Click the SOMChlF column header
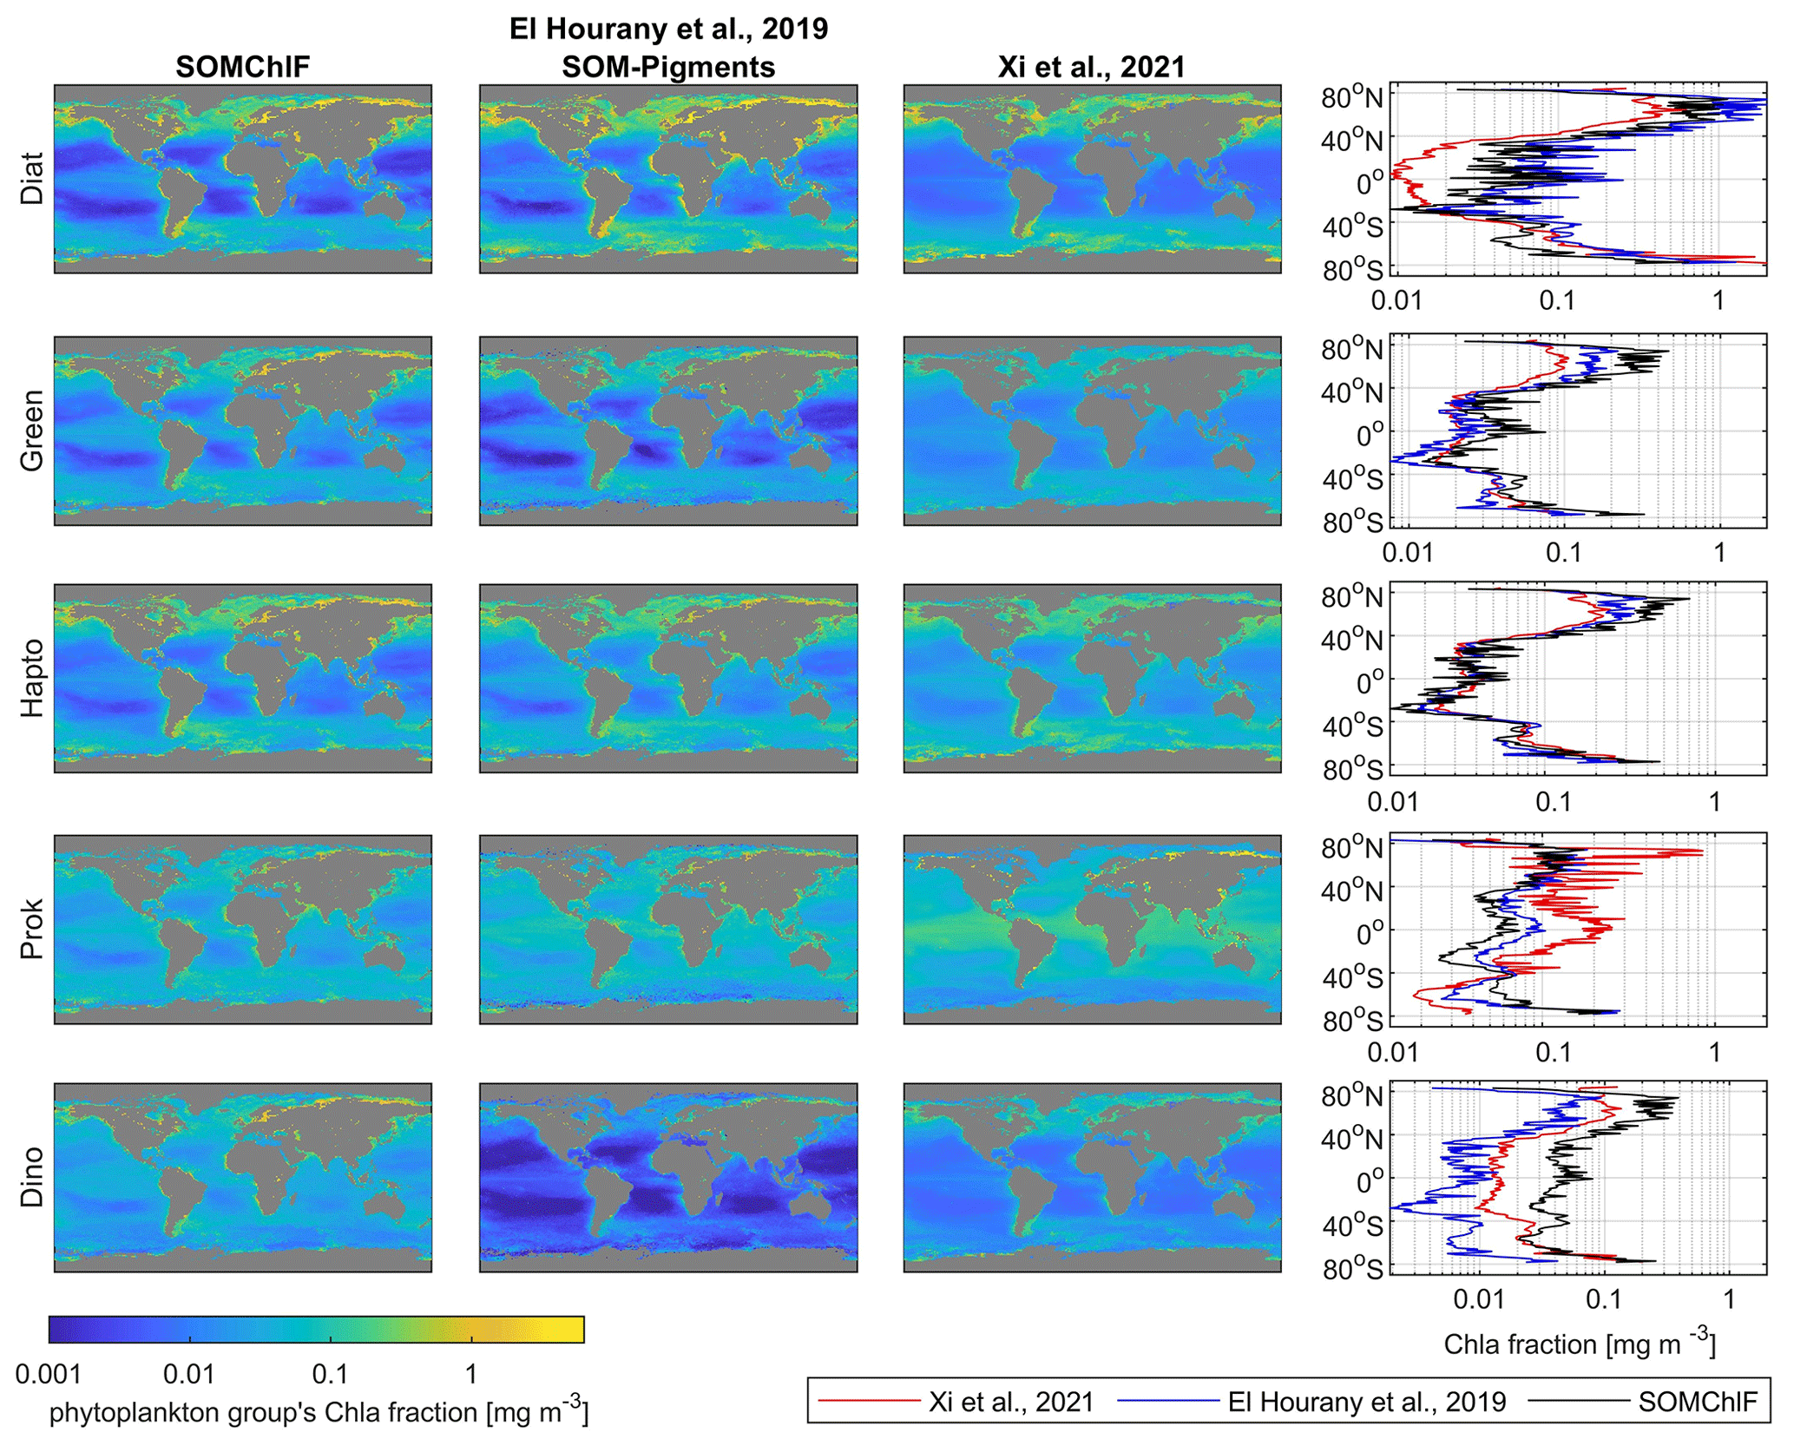(242, 67)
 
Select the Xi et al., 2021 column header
(1091, 67)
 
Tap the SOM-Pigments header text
(667, 67)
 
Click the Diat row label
(32, 179)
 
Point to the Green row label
(32, 431)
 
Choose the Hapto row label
(32, 678)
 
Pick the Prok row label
(32, 930)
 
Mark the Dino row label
(32, 1177)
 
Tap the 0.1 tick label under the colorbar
(330, 1374)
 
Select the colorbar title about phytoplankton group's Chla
(319, 1412)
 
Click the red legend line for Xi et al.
(868, 1401)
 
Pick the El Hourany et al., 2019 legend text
(1367, 1402)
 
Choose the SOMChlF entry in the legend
(1697, 1402)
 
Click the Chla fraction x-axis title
(1580, 1344)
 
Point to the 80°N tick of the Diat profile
(1351, 97)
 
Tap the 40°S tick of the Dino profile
(1351, 1226)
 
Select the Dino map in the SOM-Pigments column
(668, 1178)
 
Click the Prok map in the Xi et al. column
(1092, 930)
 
